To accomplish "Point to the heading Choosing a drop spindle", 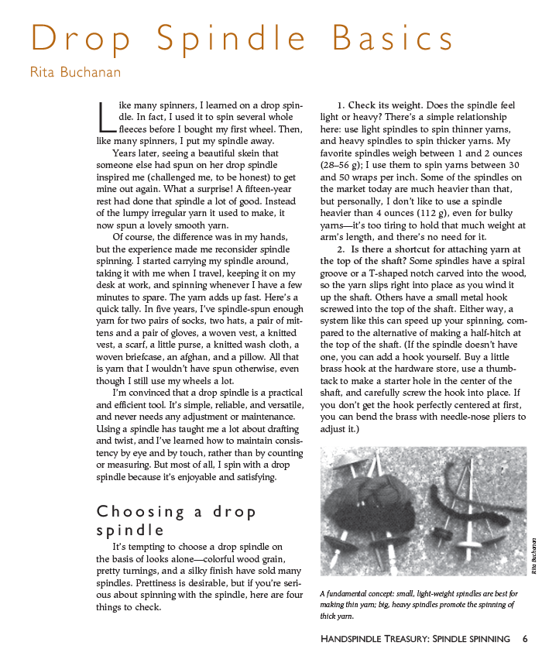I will [x=176, y=520].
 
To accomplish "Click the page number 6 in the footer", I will [x=526, y=639].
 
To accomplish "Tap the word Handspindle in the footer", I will [x=349, y=639].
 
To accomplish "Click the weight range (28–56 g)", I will [x=345, y=166].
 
